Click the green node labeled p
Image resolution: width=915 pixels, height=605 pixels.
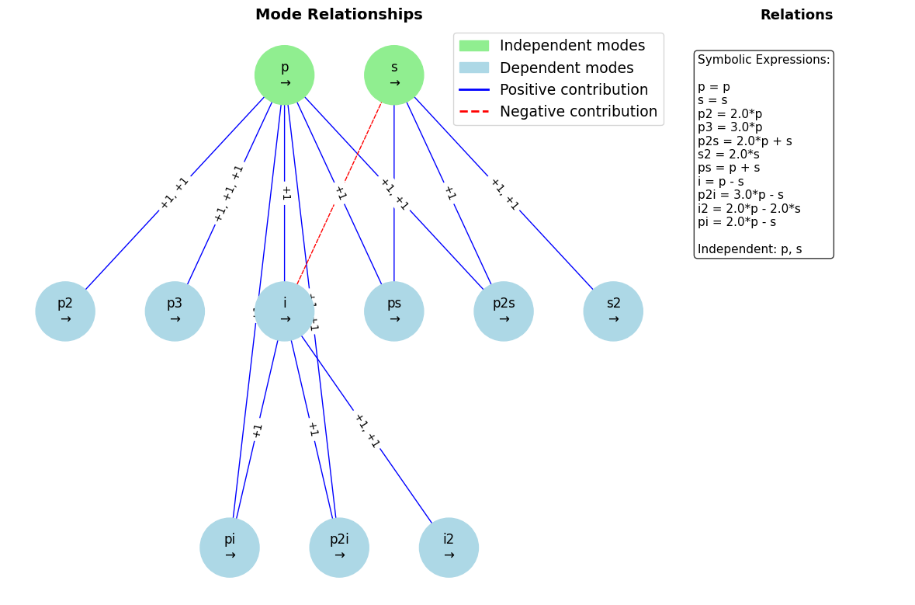[x=284, y=75]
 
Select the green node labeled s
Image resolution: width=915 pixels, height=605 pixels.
[x=393, y=75]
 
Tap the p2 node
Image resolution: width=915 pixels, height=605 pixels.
[x=65, y=311]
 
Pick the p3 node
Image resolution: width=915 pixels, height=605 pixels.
[x=175, y=311]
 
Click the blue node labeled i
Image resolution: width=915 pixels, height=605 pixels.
[x=284, y=311]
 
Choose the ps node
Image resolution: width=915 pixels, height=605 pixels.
[x=393, y=311]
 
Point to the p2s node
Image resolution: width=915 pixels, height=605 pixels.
[x=503, y=311]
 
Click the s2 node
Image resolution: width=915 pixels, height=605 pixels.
[x=613, y=311]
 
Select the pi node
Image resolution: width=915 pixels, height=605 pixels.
[x=230, y=548]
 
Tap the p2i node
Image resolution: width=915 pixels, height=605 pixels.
[x=339, y=548]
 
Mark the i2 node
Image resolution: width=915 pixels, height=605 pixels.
[x=449, y=548]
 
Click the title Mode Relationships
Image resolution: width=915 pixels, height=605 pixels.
[x=338, y=15]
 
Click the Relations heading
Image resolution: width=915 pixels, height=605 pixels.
[x=796, y=15]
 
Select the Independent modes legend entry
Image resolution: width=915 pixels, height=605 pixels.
[x=571, y=46]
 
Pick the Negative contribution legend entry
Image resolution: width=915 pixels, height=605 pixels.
[x=577, y=112]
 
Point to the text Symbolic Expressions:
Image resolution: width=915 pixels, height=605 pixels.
[x=764, y=60]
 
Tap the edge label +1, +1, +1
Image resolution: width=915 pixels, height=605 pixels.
[x=229, y=193]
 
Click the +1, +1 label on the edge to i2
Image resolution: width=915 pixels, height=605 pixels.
[x=366, y=430]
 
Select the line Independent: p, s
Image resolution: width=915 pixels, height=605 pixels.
[x=750, y=249]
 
